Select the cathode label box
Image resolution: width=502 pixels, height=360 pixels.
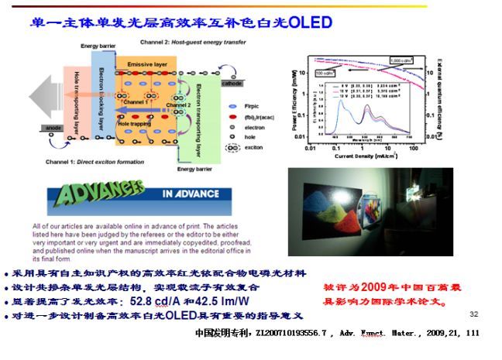tap(232, 83)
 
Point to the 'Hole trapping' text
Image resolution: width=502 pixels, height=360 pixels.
tap(134, 122)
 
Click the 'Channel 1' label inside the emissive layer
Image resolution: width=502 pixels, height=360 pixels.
tap(136, 102)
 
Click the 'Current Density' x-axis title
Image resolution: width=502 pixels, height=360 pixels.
tap(364, 156)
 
